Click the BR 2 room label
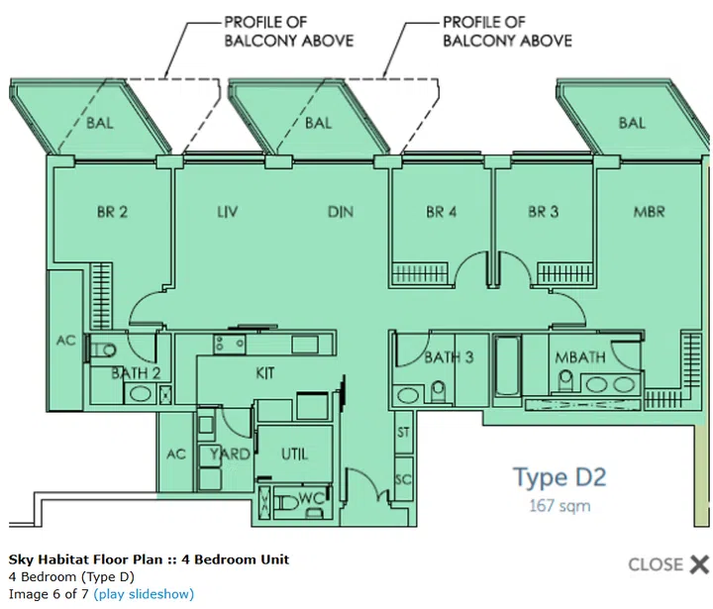112,212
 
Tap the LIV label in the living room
229,212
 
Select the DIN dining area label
341,212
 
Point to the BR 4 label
442,212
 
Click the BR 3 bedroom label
543,212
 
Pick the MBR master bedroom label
649,212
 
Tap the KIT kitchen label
264,373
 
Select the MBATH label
578,356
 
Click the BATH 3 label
450,356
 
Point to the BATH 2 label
136,373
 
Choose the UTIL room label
294,455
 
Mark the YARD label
230,455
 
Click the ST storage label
403,433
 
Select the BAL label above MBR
632,123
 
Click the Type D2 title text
559,477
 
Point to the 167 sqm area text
559,506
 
